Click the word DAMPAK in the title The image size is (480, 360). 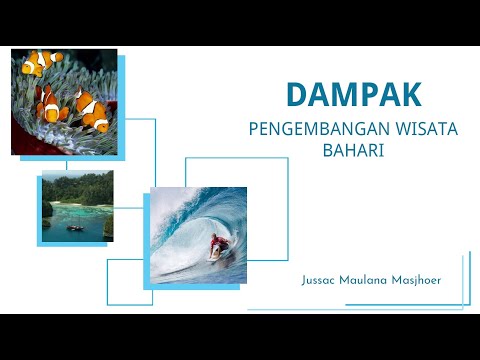click(x=353, y=94)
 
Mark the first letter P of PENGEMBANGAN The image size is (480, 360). click(x=254, y=129)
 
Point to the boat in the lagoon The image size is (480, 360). click(x=75, y=227)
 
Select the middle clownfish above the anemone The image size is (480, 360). click(x=50, y=101)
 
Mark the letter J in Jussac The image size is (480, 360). click(x=304, y=280)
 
